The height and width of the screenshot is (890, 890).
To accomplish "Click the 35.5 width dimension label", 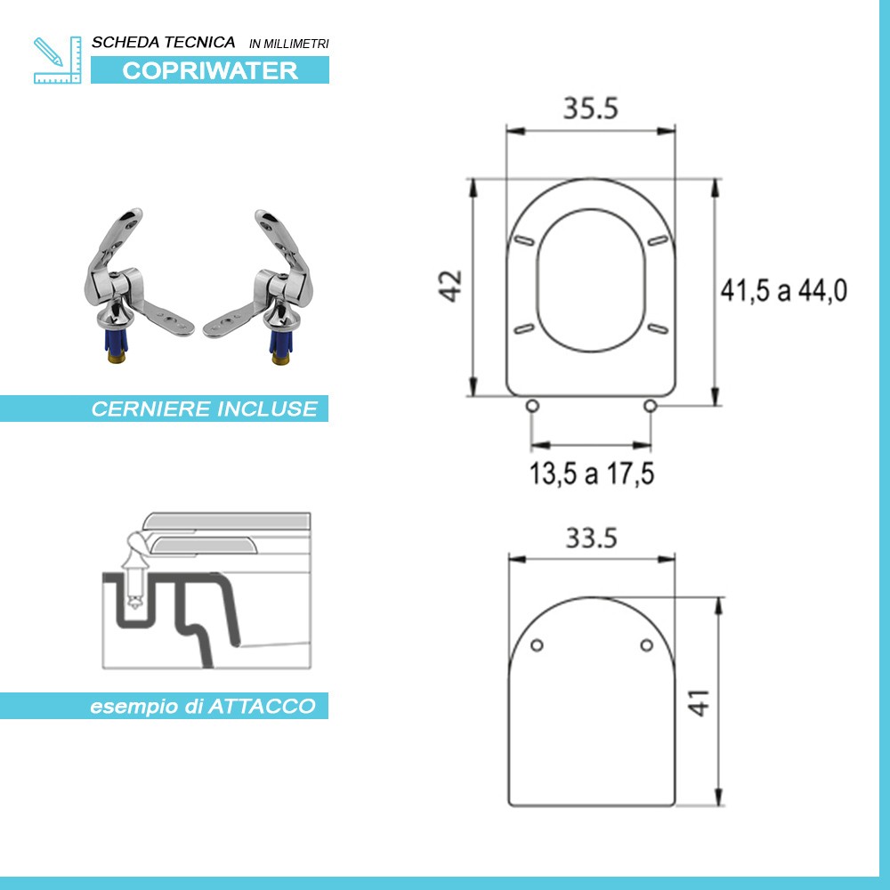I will click(590, 108).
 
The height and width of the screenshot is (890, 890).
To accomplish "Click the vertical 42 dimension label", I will click(453, 287).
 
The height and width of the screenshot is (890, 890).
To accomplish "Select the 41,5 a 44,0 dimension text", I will click(784, 289).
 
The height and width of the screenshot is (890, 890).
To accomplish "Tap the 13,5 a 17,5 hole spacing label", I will click(592, 474).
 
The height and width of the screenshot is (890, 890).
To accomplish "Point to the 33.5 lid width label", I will click(590, 538).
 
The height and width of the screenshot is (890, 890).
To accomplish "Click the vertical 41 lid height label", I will click(701, 702).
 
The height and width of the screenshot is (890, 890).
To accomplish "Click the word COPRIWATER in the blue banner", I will click(210, 71).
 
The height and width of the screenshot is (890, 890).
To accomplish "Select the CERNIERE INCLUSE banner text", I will click(204, 409).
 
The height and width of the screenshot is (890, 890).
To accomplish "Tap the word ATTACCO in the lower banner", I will click(262, 707).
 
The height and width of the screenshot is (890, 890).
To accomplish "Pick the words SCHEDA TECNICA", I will click(164, 42).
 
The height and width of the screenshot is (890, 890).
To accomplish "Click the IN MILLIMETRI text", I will click(289, 44).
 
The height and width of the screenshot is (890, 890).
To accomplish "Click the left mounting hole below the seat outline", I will click(532, 407).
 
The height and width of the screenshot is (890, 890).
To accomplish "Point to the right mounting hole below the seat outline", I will click(650, 407).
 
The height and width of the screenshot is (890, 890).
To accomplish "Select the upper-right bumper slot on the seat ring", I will click(659, 240).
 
